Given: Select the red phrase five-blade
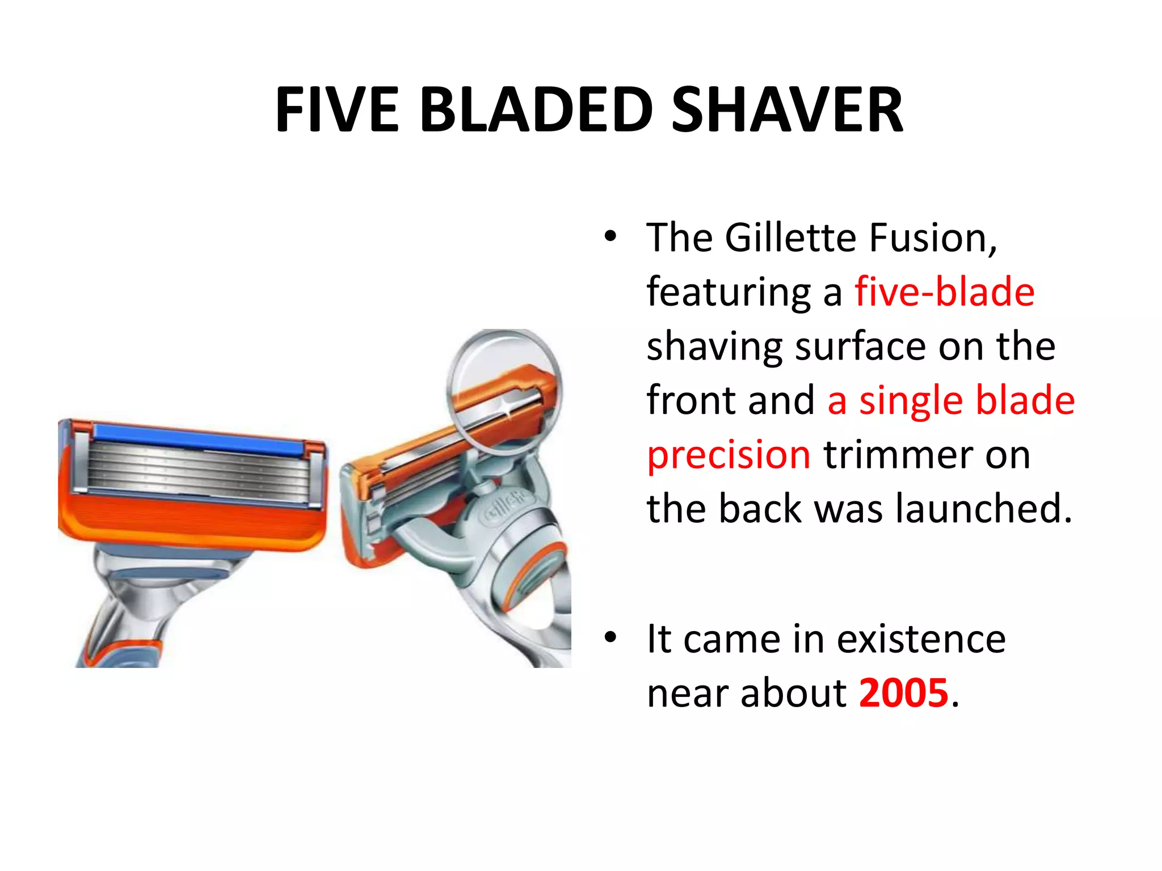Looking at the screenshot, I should [945, 291].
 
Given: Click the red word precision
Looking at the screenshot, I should [729, 455].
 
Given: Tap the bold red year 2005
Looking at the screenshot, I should [904, 692].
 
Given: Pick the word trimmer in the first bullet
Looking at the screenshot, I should [898, 455].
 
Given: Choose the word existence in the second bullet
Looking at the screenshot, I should [921, 639].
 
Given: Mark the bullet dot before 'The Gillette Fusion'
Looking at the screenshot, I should [610, 236].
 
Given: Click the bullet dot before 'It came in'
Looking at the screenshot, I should [610, 637].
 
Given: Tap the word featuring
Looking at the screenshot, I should [729, 293].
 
